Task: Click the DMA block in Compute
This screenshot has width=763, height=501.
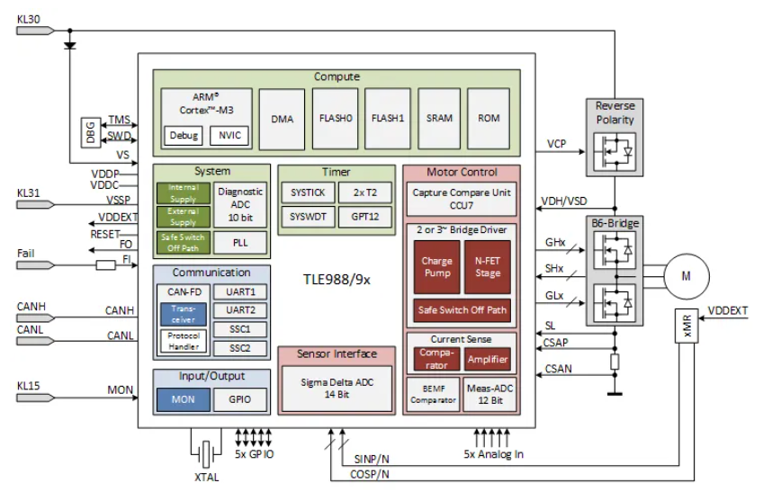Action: click(282, 119)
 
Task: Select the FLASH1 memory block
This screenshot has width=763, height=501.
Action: click(387, 118)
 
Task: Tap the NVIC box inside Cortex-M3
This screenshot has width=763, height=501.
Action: click(229, 135)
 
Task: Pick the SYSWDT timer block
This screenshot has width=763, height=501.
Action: click(308, 217)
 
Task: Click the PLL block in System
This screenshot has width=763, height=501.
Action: click(240, 243)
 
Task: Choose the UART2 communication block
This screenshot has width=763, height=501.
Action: click(240, 310)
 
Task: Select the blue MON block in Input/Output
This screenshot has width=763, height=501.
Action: click(183, 400)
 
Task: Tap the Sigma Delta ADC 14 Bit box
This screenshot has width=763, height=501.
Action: click(337, 389)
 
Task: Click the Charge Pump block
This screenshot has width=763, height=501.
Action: click(436, 267)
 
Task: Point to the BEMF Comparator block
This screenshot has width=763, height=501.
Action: click(433, 395)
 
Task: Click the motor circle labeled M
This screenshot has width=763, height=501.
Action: click(687, 276)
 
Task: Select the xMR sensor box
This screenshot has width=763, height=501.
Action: click(687, 326)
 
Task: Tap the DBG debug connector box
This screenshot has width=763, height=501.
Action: click(91, 132)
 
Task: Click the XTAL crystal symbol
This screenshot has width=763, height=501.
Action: click(206, 454)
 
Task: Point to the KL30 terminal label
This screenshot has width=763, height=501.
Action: click(29, 20)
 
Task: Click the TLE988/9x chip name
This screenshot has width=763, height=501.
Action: click(337, 280)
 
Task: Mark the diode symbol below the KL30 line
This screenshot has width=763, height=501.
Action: click(70, 46)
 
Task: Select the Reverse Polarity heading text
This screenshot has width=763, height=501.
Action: click(615, 112)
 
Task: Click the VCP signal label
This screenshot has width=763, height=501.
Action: click(556, 144)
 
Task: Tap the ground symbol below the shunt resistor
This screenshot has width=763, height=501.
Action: click(615, 393)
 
